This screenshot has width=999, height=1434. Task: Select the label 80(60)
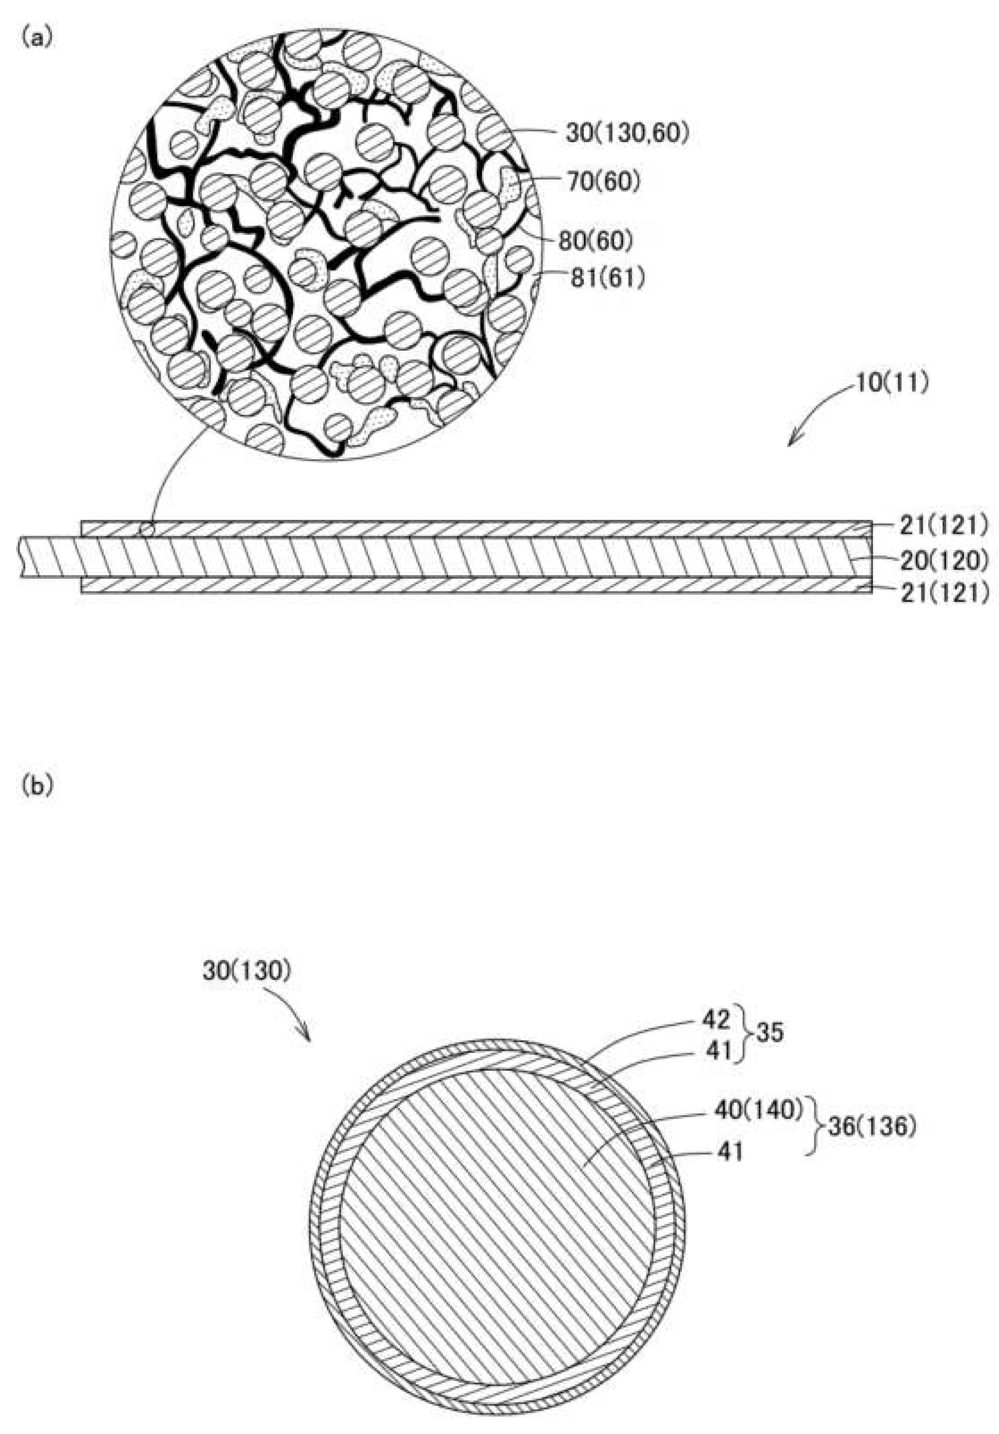point(595,241)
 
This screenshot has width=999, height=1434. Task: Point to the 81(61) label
point(607,278)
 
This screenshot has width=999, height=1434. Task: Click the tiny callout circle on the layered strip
point(146,530)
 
